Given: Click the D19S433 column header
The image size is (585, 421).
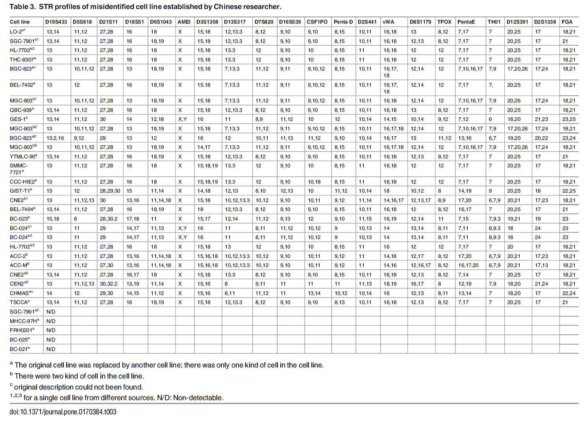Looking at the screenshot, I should (56, 22).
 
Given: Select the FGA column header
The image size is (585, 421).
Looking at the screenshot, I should (567, 22).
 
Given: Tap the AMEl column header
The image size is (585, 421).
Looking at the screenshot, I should (184, 22).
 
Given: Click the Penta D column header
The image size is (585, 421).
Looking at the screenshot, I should (343, 22).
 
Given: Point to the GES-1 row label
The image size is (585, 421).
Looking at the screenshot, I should (19, 119).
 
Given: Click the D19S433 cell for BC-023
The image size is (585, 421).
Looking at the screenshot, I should (53, 219).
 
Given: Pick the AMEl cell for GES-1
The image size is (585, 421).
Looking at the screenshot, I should (182, 119).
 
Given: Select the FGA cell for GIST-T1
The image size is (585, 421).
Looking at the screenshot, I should (569, 191).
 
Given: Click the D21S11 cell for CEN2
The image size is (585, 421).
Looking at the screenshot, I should (108, 284).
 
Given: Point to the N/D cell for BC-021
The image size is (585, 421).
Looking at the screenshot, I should (51, 349).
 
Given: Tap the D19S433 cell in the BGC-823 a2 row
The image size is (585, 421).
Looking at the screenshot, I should (55, 138).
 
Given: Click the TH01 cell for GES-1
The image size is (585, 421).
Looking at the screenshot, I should (491, 119).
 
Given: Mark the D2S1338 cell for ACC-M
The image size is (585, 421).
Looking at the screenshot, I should (541, 265).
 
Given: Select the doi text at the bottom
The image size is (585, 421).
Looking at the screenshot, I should (63, 412).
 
